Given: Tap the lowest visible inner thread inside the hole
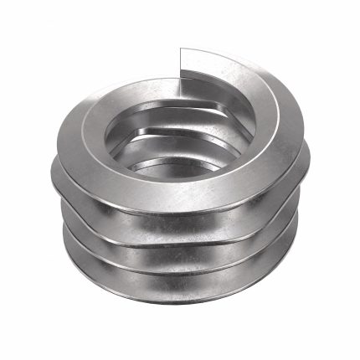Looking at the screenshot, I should pyautogui.click(x=167, y=163).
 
